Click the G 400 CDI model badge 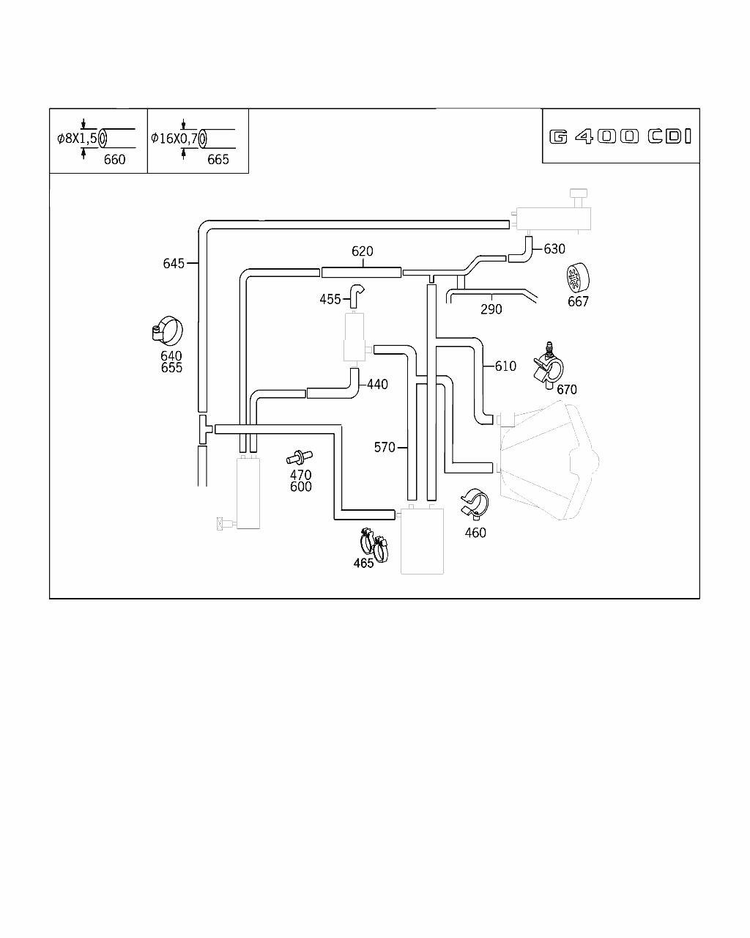[620, 137]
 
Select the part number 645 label [174, 263]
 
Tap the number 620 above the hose [363, 251]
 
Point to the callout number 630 [554, 249]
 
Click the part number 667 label [578, 301]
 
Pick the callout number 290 [491, 309]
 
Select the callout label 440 [377, 385]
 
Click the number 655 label [171, 368]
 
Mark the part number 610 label [505, 366]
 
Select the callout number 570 [385, 447]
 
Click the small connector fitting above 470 [297, 458]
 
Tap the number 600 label [300, 487]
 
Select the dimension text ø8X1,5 [77, 138]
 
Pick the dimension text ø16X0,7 [174, 138]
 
